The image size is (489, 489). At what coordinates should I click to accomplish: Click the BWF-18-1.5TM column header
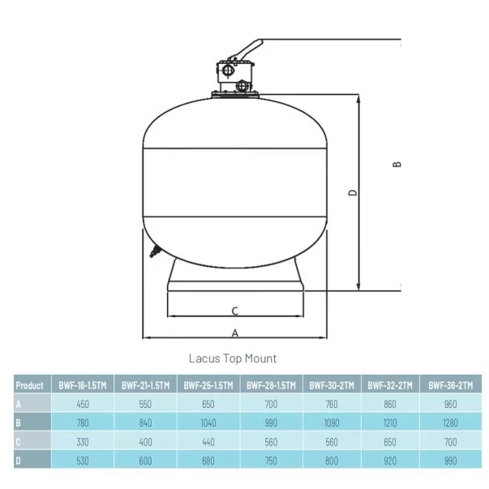point(83,385)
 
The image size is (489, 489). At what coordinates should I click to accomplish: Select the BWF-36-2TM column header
point(451,385)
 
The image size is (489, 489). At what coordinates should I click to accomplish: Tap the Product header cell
point(30,385)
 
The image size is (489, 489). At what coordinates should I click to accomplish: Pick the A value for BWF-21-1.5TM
point(145,404)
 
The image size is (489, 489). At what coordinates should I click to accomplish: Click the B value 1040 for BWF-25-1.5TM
point(208,423)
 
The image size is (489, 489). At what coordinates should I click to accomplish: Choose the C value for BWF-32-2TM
point(390,442)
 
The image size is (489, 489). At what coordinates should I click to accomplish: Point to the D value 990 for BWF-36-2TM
point(451,461)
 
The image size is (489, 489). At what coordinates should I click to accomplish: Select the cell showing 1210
point(390,423)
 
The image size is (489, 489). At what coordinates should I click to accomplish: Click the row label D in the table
point(18,461)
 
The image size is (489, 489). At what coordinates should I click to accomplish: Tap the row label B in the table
point(18,423)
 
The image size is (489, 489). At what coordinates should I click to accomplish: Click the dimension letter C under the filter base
point(235,311)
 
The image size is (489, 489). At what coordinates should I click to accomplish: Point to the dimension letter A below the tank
point(235,333)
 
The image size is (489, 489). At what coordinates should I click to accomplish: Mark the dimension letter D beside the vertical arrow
point(353,193)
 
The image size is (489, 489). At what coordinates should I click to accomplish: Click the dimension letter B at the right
point(397,164)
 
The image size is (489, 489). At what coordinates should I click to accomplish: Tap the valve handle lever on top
point(247,50)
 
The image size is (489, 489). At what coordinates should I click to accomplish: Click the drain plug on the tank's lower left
point(154,251)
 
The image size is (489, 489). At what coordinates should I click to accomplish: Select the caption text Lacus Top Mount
point(233,358)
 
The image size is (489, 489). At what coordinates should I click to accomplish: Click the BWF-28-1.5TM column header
point(271,385)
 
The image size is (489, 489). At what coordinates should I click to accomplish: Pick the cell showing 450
point(83,404)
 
